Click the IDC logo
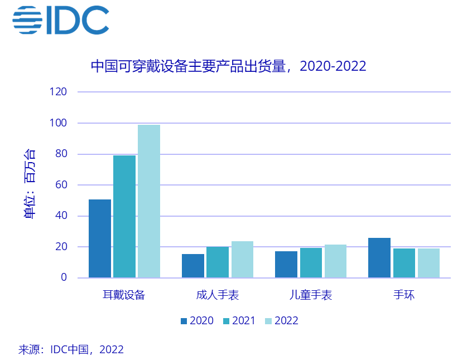pos(60,20)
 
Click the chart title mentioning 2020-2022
pos(228,66)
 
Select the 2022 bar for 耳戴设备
pos(149,201)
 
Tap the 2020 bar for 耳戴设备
pos(100,238)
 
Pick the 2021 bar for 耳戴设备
pos(124,217)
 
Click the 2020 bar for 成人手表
pos(193,266)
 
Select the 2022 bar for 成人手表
pos(242,260)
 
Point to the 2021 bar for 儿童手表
pos(311,263)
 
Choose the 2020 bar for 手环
pos(379,258)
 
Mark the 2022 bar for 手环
pos(428,263)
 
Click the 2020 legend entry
pos(197,321)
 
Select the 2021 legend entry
pos(239,321)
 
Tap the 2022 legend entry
pos(282,321)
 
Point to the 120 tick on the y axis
pos(59,92)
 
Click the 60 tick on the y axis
pos(61,185)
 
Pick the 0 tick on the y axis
pos(64,277)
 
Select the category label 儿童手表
pos(311,295)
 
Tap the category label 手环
pos(404,295)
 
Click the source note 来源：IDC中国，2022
pos(71,350)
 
